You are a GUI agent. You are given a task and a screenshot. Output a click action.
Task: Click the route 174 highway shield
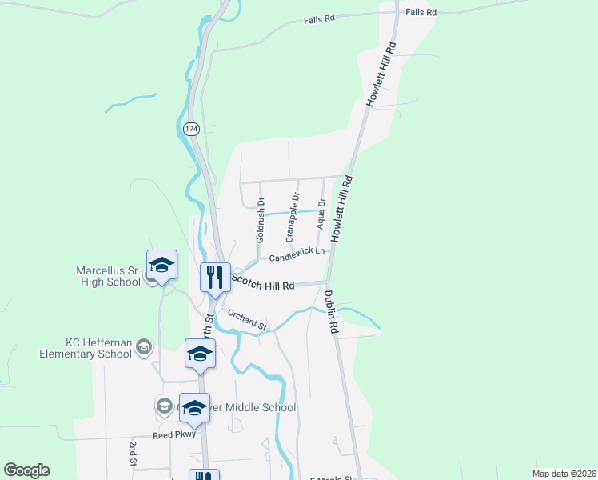click(191, 129)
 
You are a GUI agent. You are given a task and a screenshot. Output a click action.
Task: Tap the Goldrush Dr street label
click(260, 220)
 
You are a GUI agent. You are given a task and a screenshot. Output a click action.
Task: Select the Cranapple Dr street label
click(293, 217)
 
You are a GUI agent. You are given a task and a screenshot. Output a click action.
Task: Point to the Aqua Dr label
click(321, 214)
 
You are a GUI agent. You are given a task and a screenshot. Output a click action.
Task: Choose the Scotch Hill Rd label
click(263, 284)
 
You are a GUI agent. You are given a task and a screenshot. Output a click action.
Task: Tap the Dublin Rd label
click(331, 311)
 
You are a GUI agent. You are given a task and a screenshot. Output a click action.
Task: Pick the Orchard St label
click(246, 320)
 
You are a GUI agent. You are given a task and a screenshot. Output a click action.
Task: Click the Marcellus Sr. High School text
click(109, 276)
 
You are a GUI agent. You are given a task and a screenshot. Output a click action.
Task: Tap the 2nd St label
click(133, 453)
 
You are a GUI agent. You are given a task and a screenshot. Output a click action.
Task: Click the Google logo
click(26, 470)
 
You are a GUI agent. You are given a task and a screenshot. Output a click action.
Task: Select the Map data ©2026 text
click(564, 474)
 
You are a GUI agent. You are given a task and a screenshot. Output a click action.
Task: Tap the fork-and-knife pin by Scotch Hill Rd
click(214, 278)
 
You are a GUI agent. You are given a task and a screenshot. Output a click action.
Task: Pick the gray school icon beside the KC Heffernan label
click(144, 346)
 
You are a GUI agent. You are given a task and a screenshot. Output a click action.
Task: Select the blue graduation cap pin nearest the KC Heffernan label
click(200, 354)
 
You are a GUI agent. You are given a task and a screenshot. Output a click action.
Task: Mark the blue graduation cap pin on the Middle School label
click(194, 408)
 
